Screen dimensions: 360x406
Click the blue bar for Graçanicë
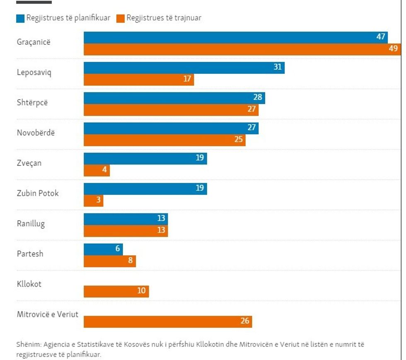point(235,37)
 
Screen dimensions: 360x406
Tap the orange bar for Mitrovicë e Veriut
point(168,321)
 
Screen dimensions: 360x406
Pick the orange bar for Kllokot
point(116,291)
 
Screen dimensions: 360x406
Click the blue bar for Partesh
point(103,249)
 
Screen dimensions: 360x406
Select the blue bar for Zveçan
point(145,158)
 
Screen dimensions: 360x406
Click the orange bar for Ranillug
point(126,231)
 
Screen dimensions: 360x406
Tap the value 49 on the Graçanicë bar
point(394,49)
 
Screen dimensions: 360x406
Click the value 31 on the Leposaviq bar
point(278,67)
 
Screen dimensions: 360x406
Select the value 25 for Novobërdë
point(239,140)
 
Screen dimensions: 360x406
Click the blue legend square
point(20,18)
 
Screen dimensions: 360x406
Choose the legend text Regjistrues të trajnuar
point(164,18)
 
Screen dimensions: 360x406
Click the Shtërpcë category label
point(32,102)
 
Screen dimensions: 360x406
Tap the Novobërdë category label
point(36,133)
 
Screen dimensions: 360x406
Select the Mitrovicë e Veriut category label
point(48,314)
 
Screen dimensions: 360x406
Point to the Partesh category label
point(30,253)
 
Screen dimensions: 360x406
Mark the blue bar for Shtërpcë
point(174,98)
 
